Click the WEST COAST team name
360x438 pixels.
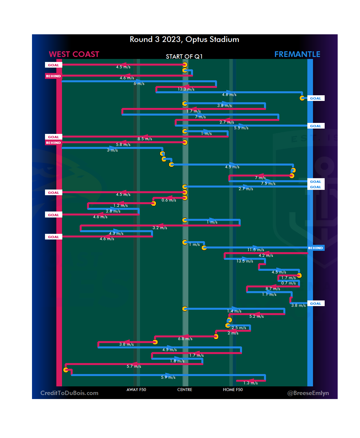point(74,54)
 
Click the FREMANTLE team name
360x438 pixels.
point(297,54)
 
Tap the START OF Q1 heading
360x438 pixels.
point(184,57)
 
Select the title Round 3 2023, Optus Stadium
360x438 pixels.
point(184,40)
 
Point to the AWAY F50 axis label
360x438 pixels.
point(136,390)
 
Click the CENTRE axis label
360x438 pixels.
point(185,390)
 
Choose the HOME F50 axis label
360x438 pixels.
point(233,390)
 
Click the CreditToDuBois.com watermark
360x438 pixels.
point(69,393)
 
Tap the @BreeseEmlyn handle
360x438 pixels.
point(308,393)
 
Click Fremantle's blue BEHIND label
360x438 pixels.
point(315,248)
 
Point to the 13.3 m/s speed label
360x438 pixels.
point(186,89)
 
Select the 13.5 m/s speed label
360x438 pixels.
point(245,261)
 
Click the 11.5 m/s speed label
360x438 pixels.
point(256,250)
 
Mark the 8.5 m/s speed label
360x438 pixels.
point(145,139)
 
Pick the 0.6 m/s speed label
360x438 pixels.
point(169,200)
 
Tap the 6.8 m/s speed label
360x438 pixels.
point(185,339)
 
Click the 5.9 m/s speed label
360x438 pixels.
point(168,377)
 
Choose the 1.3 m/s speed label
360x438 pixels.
point(250,383)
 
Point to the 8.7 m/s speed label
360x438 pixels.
point(273,289)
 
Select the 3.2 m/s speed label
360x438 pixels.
point(160,228)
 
